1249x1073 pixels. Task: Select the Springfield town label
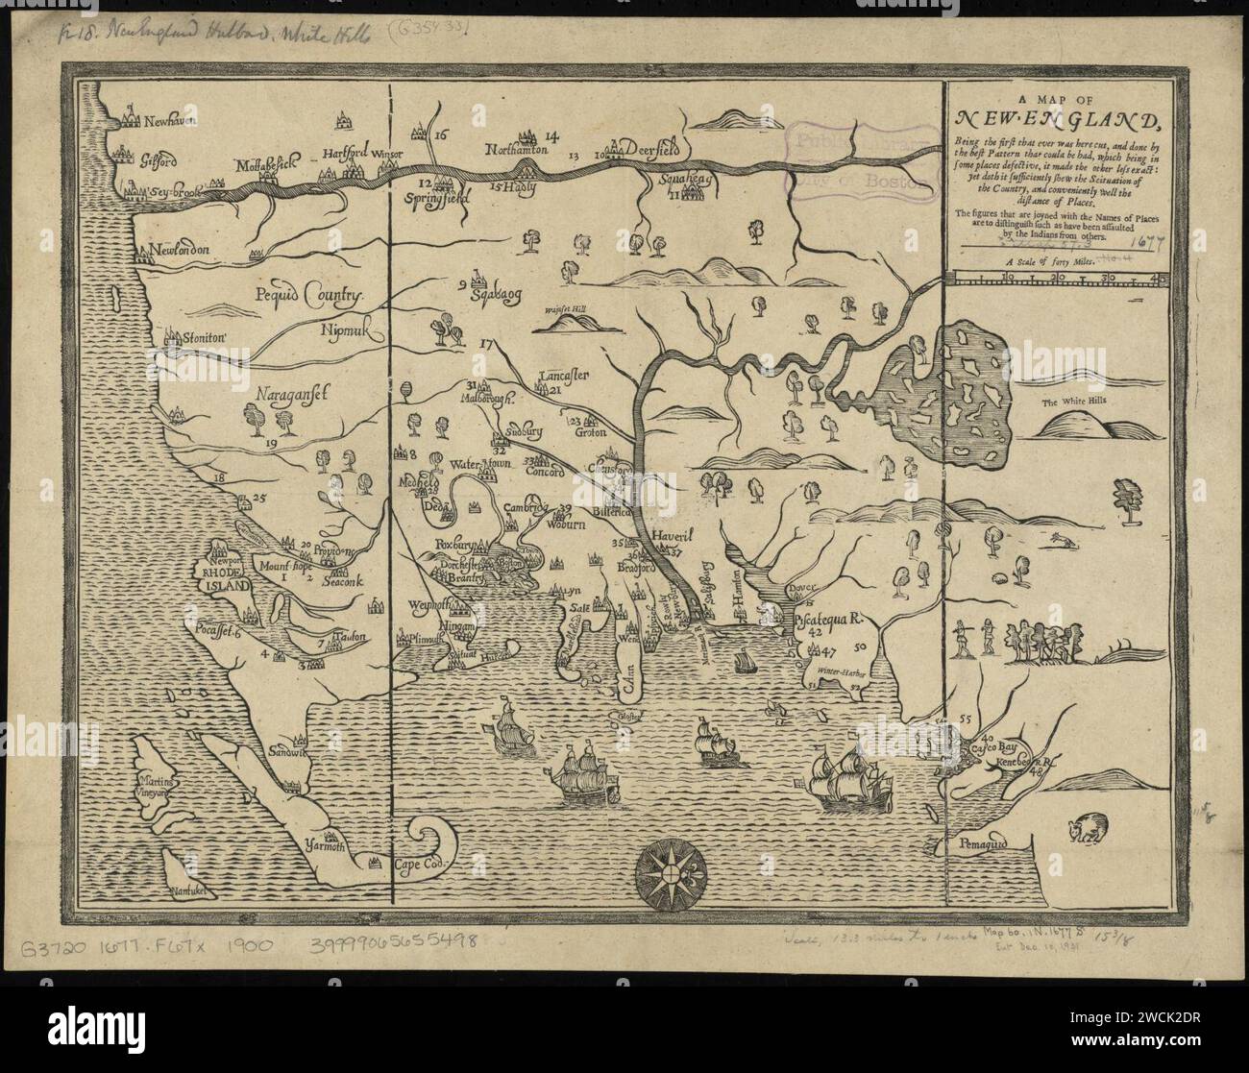tap(442, 197)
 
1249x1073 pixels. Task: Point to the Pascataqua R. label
tap(832, 620)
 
